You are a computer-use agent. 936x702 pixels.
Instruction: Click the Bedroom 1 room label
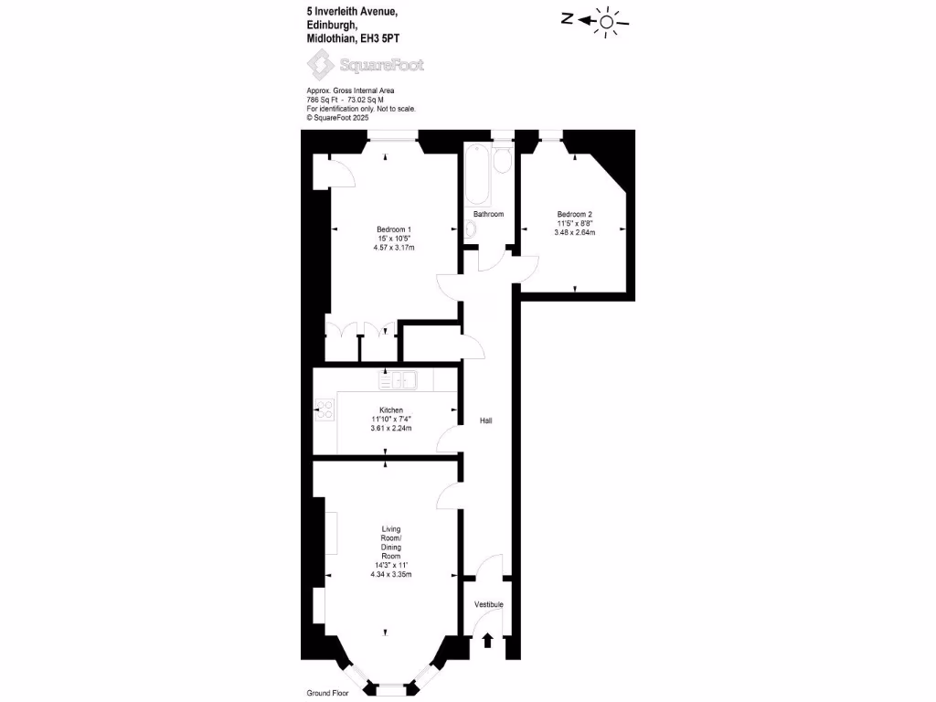[x=394, y=229]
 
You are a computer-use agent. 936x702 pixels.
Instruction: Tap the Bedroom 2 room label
[x=576, y=214]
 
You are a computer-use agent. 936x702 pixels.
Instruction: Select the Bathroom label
[x=488, y=214]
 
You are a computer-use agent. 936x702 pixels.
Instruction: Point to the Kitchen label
[x=391, y=410]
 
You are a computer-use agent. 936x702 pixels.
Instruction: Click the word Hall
[x=486, y=420]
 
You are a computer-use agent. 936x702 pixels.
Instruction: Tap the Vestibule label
[x=488, y=605]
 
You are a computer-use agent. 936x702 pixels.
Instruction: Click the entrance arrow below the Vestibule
[x=487, y=640]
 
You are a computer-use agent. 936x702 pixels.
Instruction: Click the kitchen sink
[x=398, y=379]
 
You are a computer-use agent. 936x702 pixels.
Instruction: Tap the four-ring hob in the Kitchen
[x=324, y=410]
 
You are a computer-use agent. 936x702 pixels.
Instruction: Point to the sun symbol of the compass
[x=607, y=20]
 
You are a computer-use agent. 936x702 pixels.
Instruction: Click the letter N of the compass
[x=567, y=18]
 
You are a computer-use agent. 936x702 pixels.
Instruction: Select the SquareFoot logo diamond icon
[x=321, y=66]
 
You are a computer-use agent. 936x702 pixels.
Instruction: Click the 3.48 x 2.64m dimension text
[x=576, y=232]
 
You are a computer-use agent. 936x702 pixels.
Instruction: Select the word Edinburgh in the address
[x=330, y=25]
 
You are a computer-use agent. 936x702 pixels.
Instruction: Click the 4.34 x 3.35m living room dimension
[x=391, y=574]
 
